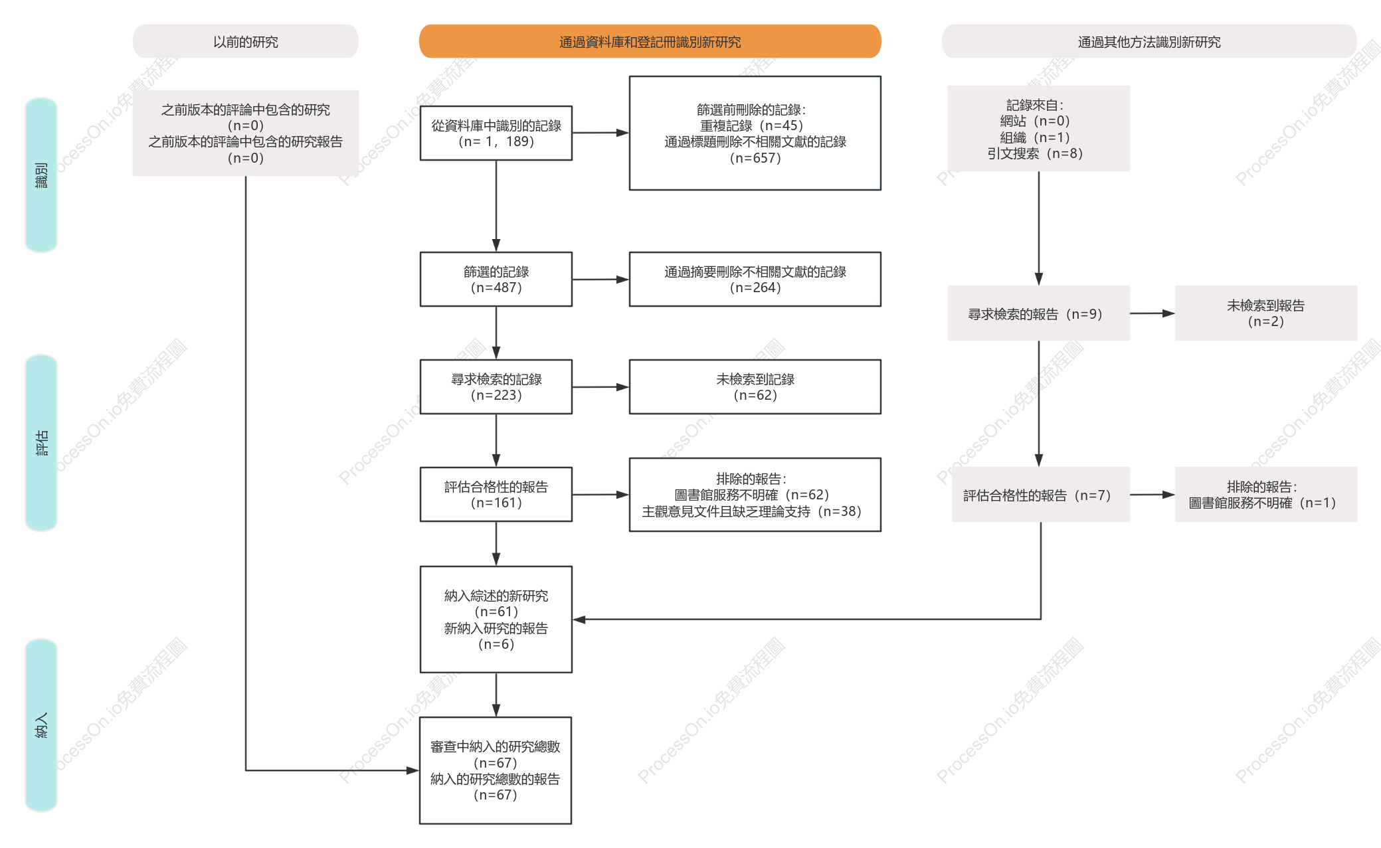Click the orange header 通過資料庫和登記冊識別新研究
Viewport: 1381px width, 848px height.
[650, 41]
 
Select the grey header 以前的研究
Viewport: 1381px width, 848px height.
[246, 41]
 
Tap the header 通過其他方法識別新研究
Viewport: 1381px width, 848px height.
[1149, 41]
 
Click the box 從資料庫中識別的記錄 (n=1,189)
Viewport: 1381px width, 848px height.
[496, 133]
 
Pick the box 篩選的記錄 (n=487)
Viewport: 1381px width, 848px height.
[496, 279]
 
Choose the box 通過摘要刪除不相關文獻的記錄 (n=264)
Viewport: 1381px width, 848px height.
[755, 279]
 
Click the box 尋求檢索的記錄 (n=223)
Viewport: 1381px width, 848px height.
[496, 386]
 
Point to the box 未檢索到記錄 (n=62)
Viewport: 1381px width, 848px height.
[755, 386]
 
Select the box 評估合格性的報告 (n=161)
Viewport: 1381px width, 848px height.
[496, 494]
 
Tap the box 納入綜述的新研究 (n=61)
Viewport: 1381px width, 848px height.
[496, 619]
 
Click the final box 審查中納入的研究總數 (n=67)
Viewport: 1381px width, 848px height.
[496, 770]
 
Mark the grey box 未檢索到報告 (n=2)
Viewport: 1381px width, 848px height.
[1266, 313]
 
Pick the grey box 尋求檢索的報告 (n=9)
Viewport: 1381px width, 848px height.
[1039, 313]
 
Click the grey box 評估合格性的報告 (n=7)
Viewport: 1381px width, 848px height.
[1041, 494]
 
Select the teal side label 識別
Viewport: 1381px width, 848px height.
[41, 175]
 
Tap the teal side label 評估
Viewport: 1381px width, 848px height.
[41, 443]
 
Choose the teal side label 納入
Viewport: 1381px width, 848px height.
[41, 725]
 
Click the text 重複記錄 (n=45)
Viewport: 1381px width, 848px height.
[752, 126]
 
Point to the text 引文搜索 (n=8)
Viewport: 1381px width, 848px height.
[1035, 153]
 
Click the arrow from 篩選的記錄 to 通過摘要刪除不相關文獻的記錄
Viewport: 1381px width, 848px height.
[600, 280]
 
